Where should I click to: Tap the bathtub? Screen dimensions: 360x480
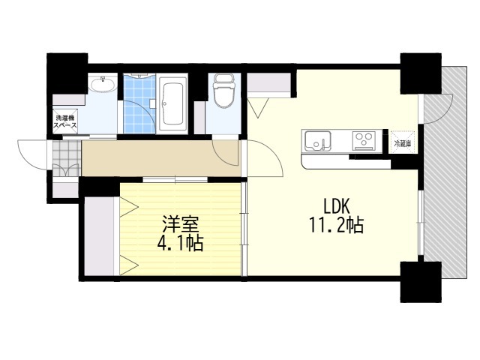pos(173,103)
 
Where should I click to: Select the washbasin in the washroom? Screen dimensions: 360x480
pos(103,85)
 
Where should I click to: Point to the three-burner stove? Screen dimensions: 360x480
pos(364,139)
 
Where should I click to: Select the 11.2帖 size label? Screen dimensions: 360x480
pos(335,225)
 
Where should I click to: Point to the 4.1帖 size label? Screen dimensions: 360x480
pos(181,244)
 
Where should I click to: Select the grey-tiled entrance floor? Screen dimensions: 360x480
pos(65,159)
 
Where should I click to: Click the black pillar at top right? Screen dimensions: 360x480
pos(414,73)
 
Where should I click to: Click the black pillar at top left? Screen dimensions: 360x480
pos(66,73)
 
